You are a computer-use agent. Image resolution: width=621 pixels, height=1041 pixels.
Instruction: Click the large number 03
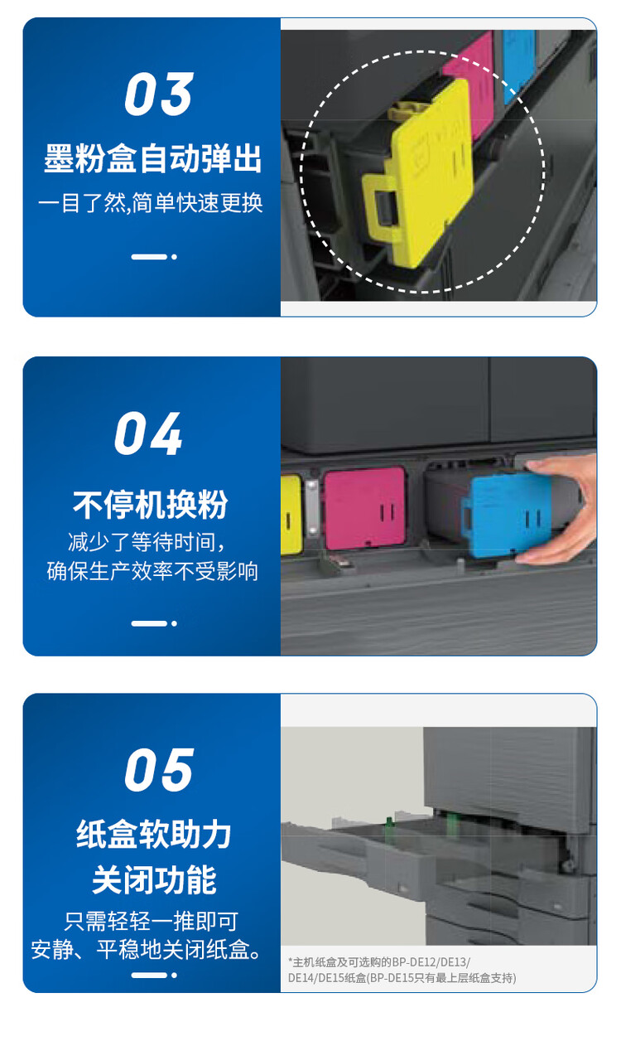(x=158, y=94)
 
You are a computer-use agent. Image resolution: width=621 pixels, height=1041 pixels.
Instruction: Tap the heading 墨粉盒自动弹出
(x=152, y=159)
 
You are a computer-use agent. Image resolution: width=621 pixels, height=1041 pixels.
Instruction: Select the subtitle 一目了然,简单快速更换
(x=151, y=203)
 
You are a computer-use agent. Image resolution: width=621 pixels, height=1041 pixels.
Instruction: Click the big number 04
(x=148, y=433)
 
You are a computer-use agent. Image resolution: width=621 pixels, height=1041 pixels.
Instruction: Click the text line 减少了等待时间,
(x=147, y=542)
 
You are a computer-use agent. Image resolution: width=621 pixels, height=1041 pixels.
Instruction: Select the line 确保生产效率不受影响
(x=152, y=571)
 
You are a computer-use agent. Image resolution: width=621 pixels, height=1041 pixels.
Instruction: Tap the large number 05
(x=159, y=770)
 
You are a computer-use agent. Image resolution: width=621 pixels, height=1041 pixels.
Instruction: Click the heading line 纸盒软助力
(x=154, y=834)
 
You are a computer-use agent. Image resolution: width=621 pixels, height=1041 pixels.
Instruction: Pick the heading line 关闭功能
(x=154, y=879)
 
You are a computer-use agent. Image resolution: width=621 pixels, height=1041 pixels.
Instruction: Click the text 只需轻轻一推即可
(x=152, y=921)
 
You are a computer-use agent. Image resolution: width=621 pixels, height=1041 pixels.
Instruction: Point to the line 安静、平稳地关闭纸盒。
(x=146, y=950)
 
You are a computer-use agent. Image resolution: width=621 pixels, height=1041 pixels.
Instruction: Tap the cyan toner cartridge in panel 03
(x=519, y=65)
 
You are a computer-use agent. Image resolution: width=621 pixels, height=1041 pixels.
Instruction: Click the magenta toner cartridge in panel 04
(x=364, y=508)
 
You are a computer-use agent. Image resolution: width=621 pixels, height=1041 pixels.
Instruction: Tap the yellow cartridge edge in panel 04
(x=291, y=515)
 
